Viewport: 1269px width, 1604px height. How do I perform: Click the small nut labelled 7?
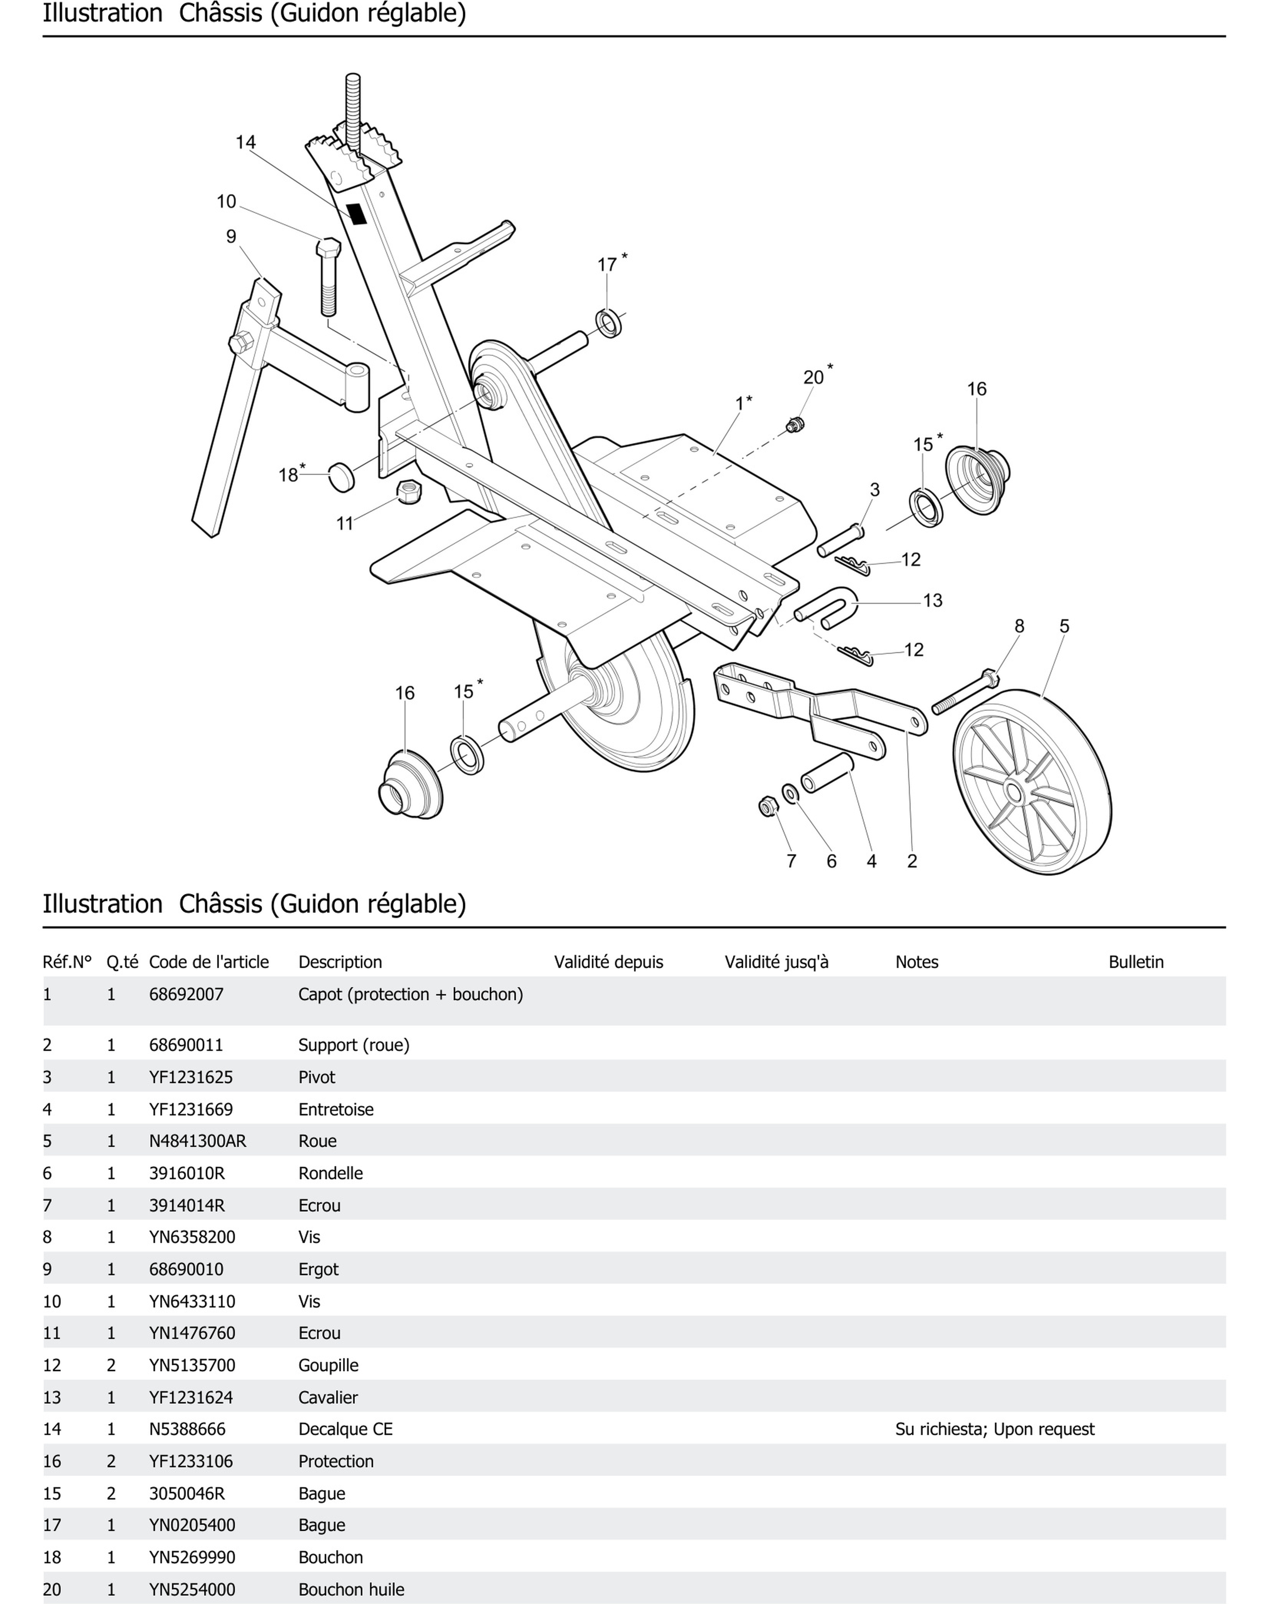[767, 806]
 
